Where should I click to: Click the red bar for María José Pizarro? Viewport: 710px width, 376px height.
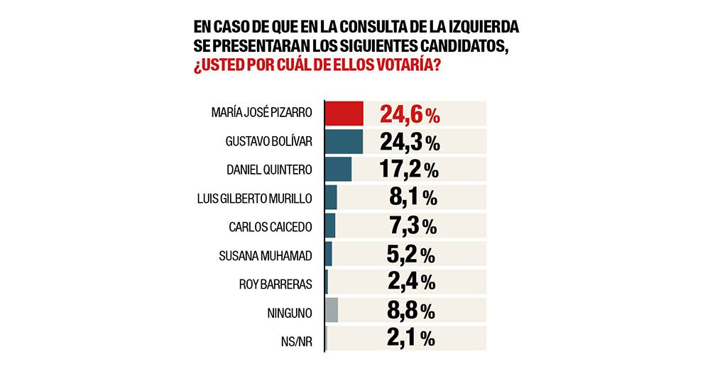344,114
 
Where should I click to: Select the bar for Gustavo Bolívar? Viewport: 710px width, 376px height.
344,141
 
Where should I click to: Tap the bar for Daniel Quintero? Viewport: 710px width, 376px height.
339,170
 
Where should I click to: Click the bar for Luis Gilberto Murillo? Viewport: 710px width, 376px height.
332,198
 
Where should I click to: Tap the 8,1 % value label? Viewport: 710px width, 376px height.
413,198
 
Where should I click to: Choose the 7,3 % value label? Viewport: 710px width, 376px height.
413,226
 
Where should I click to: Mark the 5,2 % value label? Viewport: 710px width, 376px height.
413,254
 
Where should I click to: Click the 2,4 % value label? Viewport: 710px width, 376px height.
413,282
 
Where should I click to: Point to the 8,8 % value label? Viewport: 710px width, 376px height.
413,310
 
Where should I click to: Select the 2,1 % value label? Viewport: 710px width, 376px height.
413,338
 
